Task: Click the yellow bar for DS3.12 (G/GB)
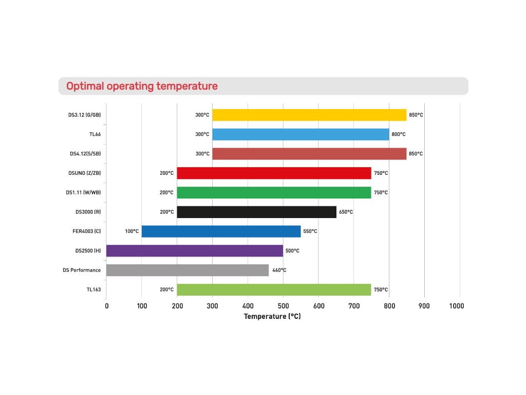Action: (x=309, y=115)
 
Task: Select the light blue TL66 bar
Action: (x=300, y=134)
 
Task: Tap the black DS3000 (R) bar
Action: (x=256, y=212)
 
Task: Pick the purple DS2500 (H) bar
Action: (x=194, y=250)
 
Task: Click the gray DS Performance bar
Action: (x=187, y=270)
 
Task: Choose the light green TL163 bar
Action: (x=274, y=290)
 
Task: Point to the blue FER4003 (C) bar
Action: (x=221, y=231)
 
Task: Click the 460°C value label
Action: (x=278, y=270)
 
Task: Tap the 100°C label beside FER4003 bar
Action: (x=131, y=231)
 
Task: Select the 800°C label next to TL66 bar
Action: (x=398, y=134)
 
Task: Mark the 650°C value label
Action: (x=346, y=212)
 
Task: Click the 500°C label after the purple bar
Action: (x=292, y=250)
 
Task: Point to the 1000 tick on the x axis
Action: (x=456, y=306)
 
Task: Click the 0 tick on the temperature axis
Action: (x=106, y=306)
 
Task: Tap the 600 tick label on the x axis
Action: (x=318, y=306)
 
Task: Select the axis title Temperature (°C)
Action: (x=272, y=316)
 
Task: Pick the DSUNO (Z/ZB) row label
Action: (x=84, y=173)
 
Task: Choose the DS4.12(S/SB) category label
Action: (x=85, y=154)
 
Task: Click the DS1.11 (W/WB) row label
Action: (x=83, y=192)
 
